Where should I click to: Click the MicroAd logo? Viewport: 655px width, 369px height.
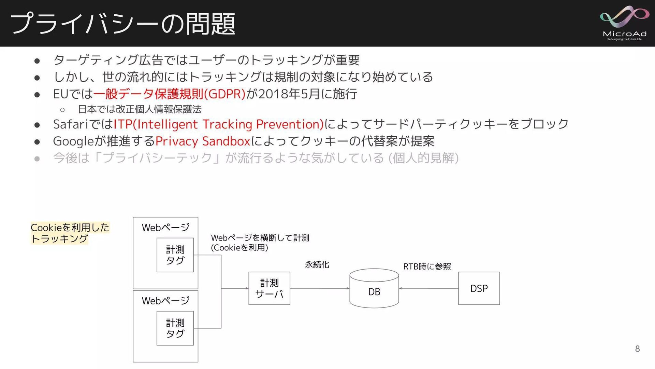coord(624,23)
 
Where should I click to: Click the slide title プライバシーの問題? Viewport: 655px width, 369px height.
coord(123,24)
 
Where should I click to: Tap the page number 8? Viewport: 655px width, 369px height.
coord(637,348)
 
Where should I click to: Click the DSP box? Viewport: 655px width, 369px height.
coord(479,288)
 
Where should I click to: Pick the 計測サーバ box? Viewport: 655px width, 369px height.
coord(269,288)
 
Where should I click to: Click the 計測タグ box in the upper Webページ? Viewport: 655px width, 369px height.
coord(175,255)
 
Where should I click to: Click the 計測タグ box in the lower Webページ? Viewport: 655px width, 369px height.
coord(175,328)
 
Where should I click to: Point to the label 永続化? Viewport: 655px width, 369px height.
coord(317,265)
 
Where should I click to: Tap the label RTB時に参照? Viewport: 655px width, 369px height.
coord(427,266)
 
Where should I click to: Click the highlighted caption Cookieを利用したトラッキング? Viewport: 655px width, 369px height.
coord(70,233)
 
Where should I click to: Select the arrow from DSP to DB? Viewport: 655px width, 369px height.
coord(428,288)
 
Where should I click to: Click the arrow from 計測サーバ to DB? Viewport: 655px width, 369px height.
coord(320,288)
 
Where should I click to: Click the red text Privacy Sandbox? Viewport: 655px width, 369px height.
coord(203,141)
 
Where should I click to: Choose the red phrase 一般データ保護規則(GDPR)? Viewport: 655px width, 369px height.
coord(169,94)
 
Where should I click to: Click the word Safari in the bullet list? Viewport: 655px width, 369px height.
coord(71,124)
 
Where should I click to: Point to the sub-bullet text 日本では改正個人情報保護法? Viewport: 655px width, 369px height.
coord(140,109)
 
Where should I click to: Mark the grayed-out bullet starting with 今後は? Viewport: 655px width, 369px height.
coord(256,158)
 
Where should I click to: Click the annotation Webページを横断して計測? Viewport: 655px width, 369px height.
coord(260,238)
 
